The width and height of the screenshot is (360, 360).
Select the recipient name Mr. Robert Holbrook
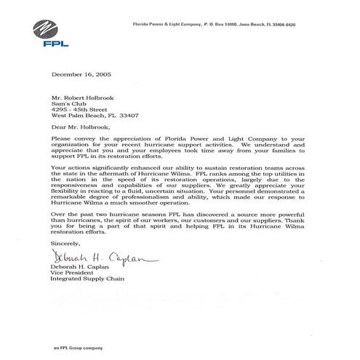82,97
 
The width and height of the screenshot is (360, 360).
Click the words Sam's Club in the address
68,103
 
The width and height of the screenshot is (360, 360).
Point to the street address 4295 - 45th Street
81,109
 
